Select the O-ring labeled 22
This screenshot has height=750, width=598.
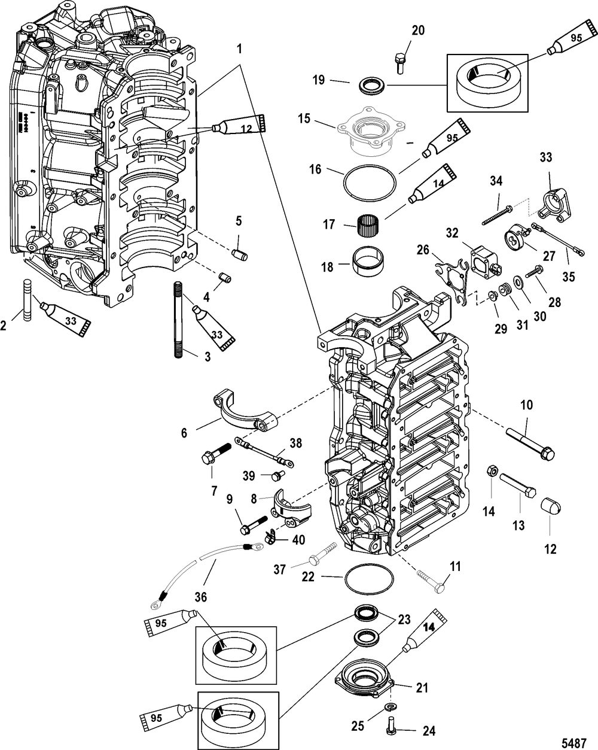point(370,580)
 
